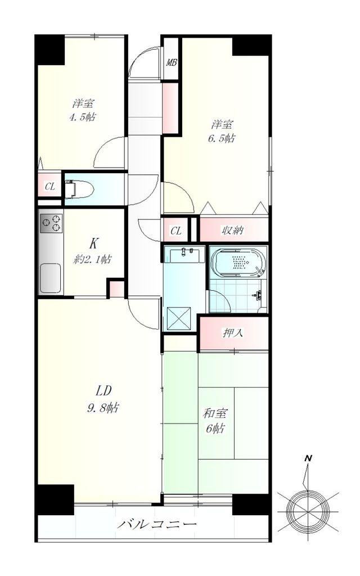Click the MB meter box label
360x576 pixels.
[x=172, y=62]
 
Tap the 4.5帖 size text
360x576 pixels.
[x=83, y=117]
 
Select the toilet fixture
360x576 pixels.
[x=79, y=189]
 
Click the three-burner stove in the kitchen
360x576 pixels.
[x=51, y=223]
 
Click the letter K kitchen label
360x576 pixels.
[x=94, y=243]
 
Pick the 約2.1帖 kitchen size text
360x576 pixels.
[x=93, y=259]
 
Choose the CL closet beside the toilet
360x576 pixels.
[x=50, y=187]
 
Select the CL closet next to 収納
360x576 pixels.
[x=176, y=231]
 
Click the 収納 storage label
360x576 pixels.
[x=232, y=231]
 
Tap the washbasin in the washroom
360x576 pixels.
[x=187, y=255]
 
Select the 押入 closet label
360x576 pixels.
[x=233, y=333]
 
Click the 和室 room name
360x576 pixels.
[x=215, y=413]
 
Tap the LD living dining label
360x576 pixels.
[x=103, y=390]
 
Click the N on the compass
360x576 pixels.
[x=308, y=458]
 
